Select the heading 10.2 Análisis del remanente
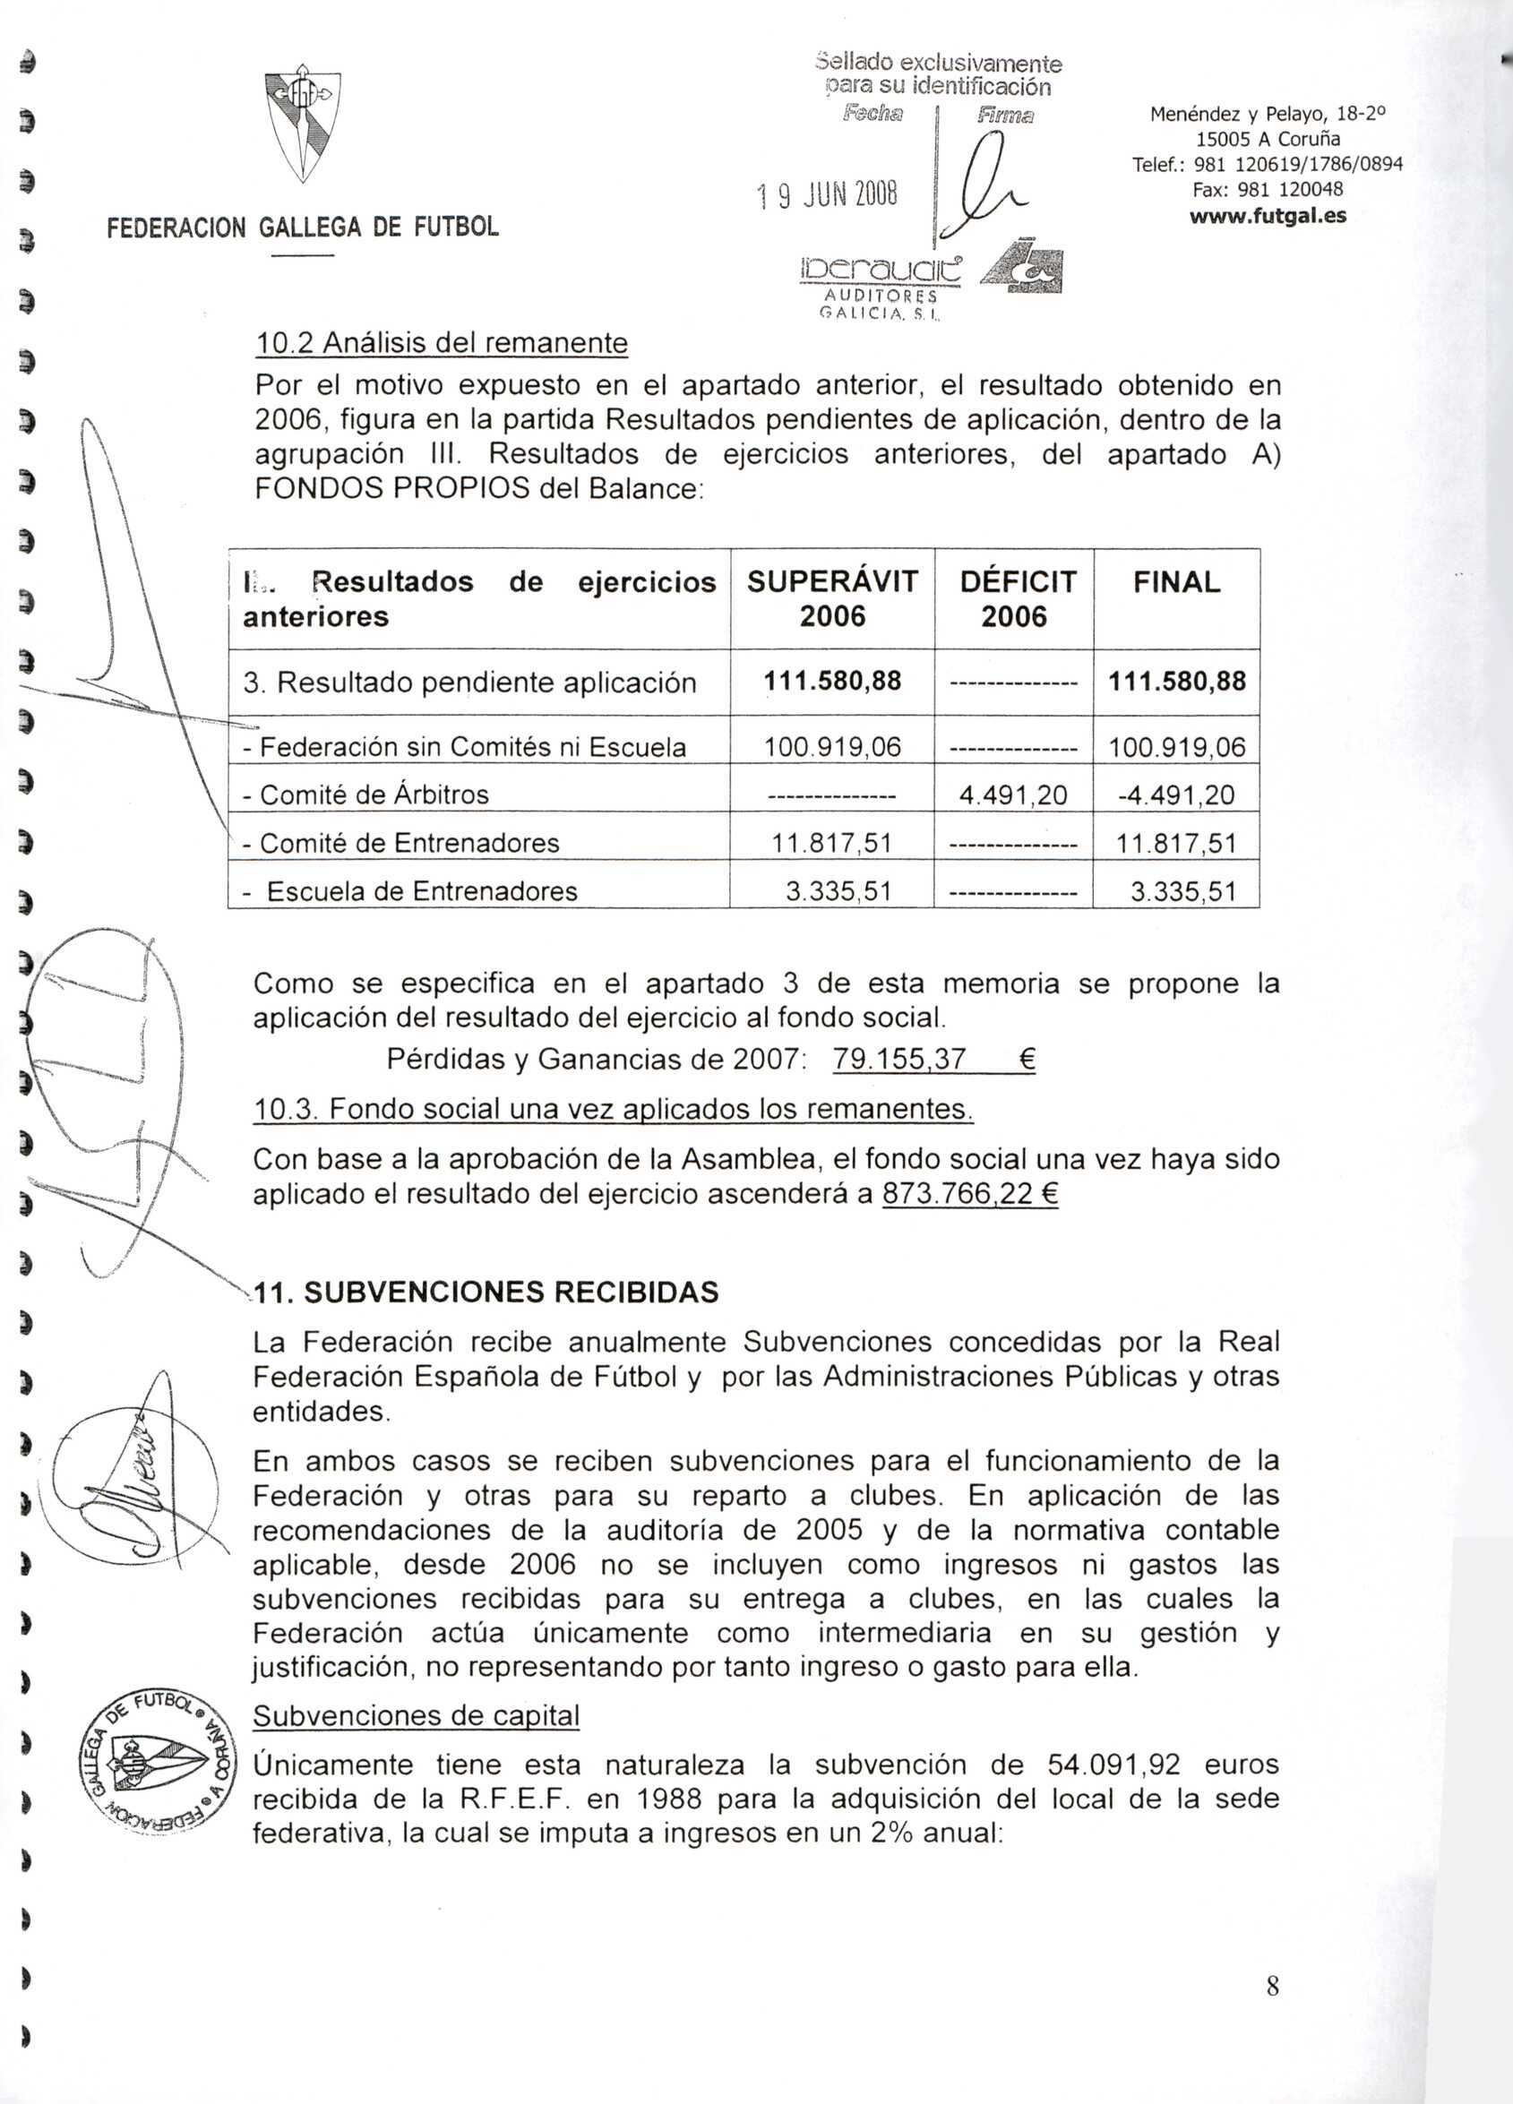tap(442, 343)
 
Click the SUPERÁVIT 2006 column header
tap(832, 598)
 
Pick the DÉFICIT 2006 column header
tap(1015, 598)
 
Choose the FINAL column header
tap(1176, 582)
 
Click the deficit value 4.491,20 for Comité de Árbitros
tap(1015, 794)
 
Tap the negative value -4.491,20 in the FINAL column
tap(1176, 794)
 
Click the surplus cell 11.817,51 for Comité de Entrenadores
tap(832, 843)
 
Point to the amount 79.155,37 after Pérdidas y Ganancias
tap(899, 1059)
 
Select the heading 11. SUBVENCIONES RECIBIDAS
tap(486, 1292)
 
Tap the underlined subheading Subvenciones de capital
tap(417, 1715)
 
